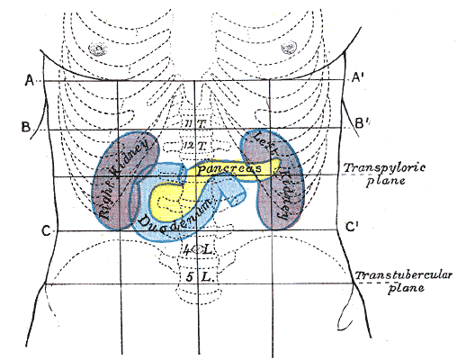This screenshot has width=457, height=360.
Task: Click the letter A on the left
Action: pos(29,80)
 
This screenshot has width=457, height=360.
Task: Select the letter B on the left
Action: pos(28,125)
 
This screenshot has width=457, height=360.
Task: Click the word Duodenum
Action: pos(176,216)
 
